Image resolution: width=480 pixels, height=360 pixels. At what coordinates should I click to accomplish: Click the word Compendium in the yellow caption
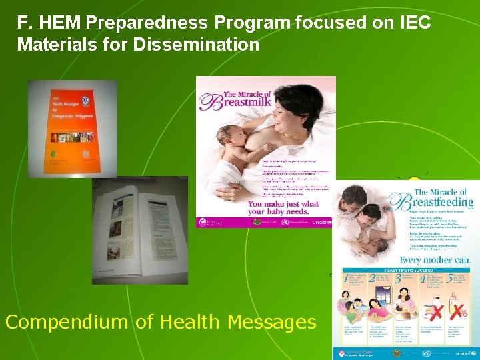(67, 323)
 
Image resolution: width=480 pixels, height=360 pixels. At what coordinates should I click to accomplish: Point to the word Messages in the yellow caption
(271, 323)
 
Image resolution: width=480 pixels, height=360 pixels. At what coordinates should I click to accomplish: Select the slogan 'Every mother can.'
(435, 259)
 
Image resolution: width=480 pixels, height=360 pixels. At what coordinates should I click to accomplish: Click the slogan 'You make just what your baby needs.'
(283, 208)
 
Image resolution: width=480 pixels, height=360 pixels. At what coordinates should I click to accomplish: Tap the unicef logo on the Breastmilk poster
(322, 222)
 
